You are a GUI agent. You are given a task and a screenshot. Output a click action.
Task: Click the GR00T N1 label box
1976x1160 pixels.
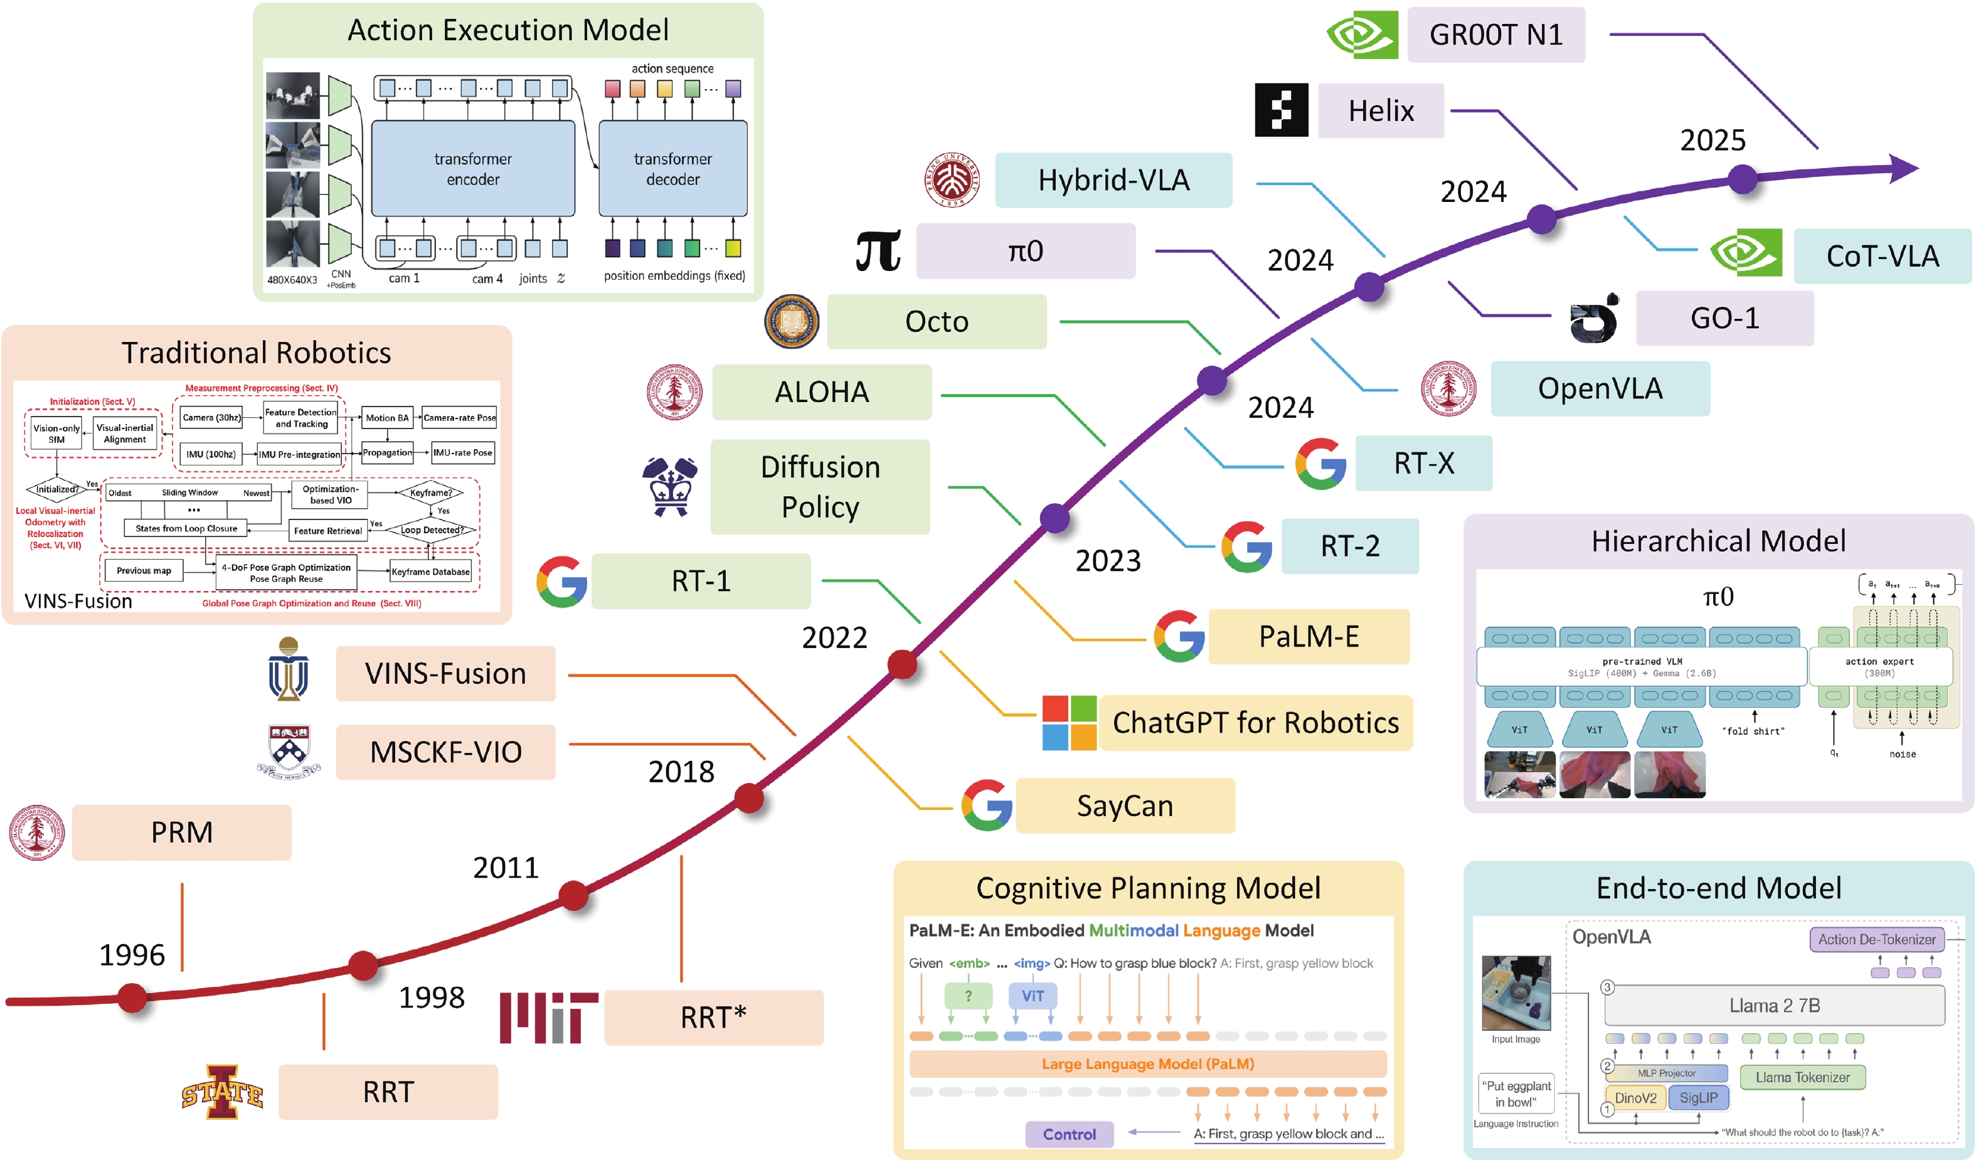tap(1495, 35)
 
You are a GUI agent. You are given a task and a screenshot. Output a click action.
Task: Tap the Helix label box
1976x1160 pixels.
tap(1381, 110)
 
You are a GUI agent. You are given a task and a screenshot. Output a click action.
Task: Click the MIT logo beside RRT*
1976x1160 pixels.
tap(548, 1017)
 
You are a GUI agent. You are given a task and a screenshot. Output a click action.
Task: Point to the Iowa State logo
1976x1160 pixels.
tap(222, 1092)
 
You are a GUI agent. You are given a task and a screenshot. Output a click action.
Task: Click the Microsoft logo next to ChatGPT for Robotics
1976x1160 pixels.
tap(1069, 722)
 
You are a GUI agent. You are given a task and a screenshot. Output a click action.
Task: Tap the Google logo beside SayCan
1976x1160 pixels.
tap(986, 805)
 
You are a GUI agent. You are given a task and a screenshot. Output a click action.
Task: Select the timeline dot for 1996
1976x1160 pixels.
tap(132, 998)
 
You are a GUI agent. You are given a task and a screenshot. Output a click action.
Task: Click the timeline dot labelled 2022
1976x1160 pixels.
tap(902, 664)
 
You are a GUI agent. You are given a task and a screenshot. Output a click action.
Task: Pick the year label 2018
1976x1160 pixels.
tap(681, 772)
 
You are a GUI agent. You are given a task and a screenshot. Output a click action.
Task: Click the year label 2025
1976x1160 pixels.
tap(1713, 141)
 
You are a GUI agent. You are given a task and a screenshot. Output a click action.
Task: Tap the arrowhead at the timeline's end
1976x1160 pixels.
tap(1906, 168)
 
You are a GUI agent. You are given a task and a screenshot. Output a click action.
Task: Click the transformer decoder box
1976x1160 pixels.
tap(672, 169)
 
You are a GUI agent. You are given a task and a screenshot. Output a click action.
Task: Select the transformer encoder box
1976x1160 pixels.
tap(473, 169)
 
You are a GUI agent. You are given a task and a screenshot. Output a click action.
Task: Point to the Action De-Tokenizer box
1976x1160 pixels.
tap(1876, 939)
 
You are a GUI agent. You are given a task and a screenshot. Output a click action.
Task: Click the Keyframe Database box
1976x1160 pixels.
tap(430, 572)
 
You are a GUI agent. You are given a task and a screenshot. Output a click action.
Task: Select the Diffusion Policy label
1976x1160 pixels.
tap(821, 487)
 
